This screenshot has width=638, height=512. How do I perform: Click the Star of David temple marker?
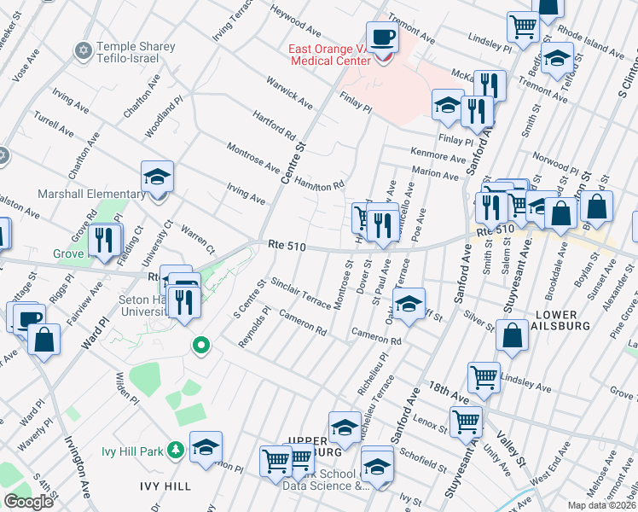pos(84,51)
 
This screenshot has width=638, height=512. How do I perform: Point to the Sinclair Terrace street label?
pos(300,293)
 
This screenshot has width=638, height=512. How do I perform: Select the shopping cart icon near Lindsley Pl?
pos(484,375)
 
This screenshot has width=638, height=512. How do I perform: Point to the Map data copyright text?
pos(601,505)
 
